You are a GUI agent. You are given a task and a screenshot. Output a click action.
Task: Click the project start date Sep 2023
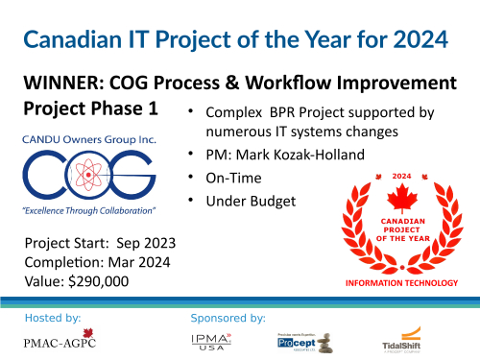(138, 241)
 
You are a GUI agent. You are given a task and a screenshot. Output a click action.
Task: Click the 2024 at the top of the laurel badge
(400, 177)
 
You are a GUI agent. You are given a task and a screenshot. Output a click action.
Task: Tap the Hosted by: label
(53, 315)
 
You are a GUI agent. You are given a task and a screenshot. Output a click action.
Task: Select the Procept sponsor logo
(294, 340)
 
